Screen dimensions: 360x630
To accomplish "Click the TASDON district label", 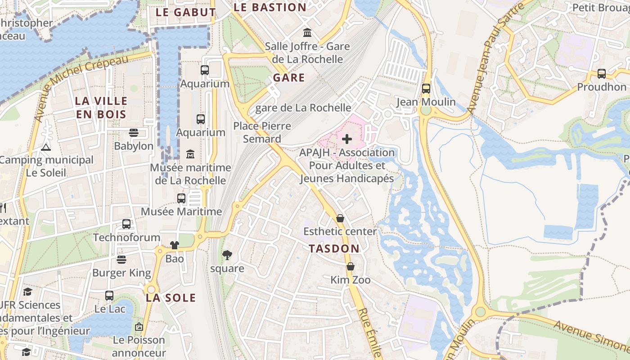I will (334, 248).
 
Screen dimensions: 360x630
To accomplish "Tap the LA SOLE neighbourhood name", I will (171, 298).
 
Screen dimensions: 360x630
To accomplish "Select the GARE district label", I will (289, 77).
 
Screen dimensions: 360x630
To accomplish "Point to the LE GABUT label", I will (186, 12).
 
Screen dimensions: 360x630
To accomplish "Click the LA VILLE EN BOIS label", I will (101, 108).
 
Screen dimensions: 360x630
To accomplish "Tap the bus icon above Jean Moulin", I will (426, 89).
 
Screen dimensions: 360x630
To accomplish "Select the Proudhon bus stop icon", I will (601, 73).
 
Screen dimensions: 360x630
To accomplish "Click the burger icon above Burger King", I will (121, 260).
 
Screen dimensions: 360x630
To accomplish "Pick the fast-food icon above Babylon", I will (134, 133).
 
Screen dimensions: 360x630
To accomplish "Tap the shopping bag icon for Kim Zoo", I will (350, 266).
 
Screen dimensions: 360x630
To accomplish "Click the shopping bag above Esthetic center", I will (340, 218).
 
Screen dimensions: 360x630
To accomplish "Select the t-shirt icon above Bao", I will (175, 245).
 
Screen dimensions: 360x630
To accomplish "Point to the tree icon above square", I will (227, 255).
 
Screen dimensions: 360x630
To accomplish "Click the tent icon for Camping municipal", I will (46, 147).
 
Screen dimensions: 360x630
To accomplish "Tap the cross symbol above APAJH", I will (347, 139).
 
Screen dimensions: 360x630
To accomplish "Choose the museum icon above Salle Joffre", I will (307, 32).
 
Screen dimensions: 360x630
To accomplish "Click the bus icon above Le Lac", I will (109, 296).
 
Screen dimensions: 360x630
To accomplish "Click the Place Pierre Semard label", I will (262, 132).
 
